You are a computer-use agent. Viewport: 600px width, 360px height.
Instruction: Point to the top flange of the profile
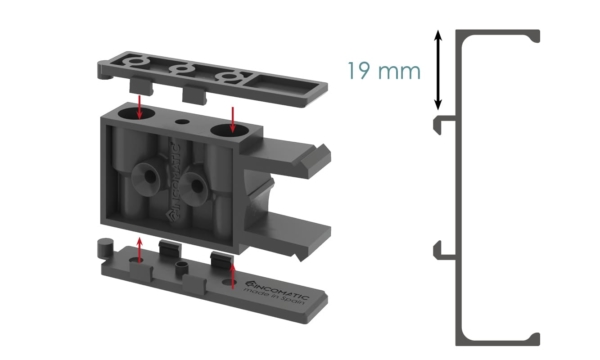[x=500, y=35]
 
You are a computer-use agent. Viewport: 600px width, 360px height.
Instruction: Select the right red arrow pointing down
[x=232, y=118]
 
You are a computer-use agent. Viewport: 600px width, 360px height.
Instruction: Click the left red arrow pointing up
[x=140, y=247]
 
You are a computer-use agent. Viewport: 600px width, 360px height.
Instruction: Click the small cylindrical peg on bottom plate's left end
[x=102, y=246]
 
